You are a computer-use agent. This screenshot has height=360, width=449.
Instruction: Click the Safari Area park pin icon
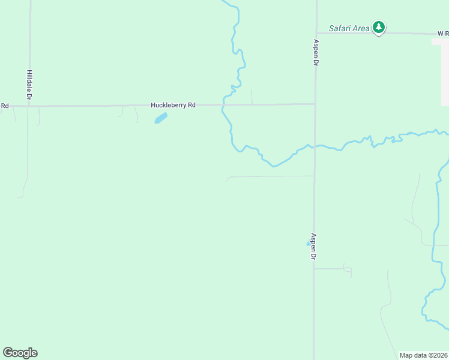click(378, 27)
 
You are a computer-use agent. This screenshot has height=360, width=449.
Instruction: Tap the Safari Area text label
click(349, 28)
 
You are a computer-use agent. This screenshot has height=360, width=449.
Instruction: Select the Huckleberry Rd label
click(173, 105)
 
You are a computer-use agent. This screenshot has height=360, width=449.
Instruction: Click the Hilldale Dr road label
click(29, 85)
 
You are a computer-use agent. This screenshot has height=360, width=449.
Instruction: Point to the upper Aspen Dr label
click(315, 53)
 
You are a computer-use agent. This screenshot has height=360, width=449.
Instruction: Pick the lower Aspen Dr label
click(313, 246)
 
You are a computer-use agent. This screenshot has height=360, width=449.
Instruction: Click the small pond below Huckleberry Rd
click(160, 118)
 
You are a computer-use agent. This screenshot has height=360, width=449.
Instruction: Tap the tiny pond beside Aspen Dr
click(309, 243)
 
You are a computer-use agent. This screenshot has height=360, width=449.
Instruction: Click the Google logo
click(20, 352)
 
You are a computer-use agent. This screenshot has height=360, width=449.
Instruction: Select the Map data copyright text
click(423, 355)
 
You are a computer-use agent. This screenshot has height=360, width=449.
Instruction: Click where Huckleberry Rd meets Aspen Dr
click(315, 104)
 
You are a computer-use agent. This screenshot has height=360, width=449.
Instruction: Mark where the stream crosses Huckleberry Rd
click(223, 105)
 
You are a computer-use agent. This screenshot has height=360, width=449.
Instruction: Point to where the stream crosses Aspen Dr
click(315, 146)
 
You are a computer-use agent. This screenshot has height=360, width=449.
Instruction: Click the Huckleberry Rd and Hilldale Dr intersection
click(29, 106)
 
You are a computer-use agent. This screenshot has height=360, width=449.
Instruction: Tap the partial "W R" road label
click(442, 34)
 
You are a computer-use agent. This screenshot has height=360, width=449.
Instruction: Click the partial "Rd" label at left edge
click(5, 106)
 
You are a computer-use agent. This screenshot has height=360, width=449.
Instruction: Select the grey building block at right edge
click(444, 72)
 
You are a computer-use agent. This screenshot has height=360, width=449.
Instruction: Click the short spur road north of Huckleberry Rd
click(252, 97)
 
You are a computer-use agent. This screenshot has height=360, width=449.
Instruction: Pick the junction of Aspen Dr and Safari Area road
click(316, 34)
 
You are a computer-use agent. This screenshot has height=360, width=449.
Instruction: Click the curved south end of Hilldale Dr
click(23, 191)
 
